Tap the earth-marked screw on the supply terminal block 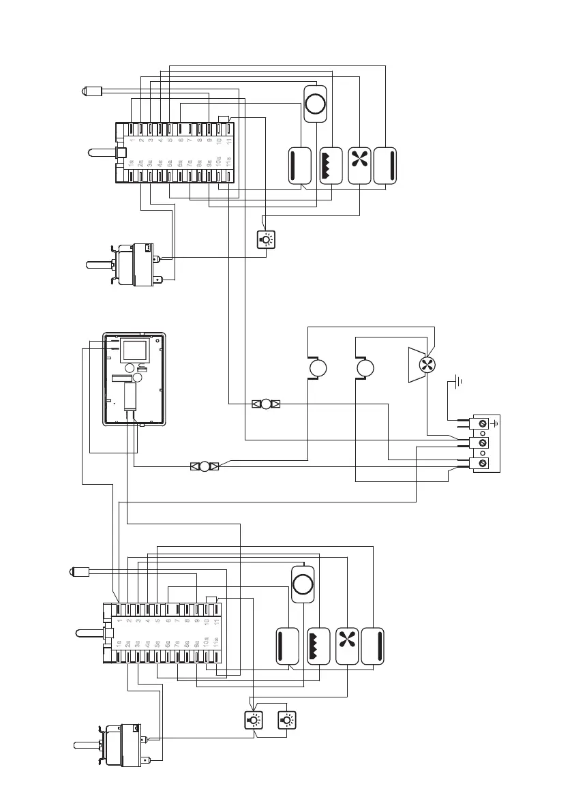click(483, 424)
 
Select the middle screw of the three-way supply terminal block click(483, 444)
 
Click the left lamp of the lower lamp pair click(252, 720)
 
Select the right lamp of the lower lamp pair click(287, 720)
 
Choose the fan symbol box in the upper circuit click(359, 166)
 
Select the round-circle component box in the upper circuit click(315, 104)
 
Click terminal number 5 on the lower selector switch click(157, 620)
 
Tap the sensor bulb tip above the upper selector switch click(86, 91)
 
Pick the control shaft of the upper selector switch click(102, 153)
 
